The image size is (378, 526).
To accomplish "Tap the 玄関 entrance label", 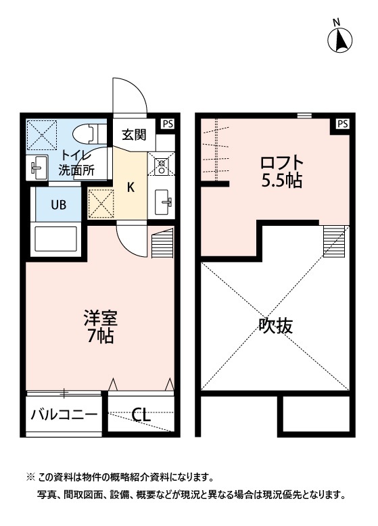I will (x=134, y=135).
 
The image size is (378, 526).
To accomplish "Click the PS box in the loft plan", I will (x=342, y=124).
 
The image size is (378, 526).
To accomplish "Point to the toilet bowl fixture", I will (x=89, y=131).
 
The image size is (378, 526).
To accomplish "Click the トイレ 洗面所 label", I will (x=76, y=162).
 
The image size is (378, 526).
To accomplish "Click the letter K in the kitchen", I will (x=131, y=187).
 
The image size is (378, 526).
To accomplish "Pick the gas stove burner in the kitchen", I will (x=163, y=163).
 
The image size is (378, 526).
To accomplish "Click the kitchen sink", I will (x=164, y=201).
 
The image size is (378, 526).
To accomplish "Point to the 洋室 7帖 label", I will (x=99, y=325).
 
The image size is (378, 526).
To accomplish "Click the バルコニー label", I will (x=64, y=414).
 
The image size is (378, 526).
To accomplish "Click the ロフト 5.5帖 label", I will (x=282, y=172).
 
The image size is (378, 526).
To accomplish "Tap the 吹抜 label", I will (x=276, y=326).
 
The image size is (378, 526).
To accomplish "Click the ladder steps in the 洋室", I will (x=163, y=244).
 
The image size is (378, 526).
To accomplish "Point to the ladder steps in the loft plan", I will (x=334, y=240).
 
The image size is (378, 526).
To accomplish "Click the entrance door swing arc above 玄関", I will (x=130, y=95).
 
